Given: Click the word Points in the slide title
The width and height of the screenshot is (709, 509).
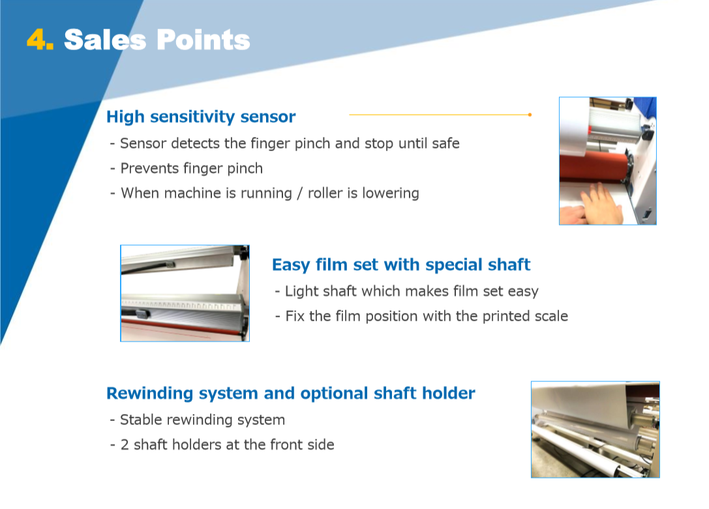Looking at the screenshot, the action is pyautogui.click(x=204, y=40).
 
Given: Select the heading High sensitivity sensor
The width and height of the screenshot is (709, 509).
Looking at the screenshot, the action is pyautogui.click(x=201, y=117).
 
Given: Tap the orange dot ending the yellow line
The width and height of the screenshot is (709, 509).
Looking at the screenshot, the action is pyautogui.click(x=530, y=115).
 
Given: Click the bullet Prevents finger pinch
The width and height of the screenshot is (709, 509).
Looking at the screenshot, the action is pyautogui.click(x=187, y=168).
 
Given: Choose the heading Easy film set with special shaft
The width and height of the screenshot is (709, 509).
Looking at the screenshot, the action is pyautogui.click(x=401, y=265).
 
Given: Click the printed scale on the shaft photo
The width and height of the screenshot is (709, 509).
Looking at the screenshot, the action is pyautogui.click(x=181, y=305).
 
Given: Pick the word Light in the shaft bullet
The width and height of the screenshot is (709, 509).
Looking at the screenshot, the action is pyautogui.click(x=299, y=291).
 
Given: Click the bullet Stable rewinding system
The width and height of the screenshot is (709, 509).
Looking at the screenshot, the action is pyautogui.click(x=198, y=420).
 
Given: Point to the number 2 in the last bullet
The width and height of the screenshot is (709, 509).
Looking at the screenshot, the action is pyautogui.click(x=125, y=445).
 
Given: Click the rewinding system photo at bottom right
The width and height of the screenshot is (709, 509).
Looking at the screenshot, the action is pyautogui.click(x=595, y=429).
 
